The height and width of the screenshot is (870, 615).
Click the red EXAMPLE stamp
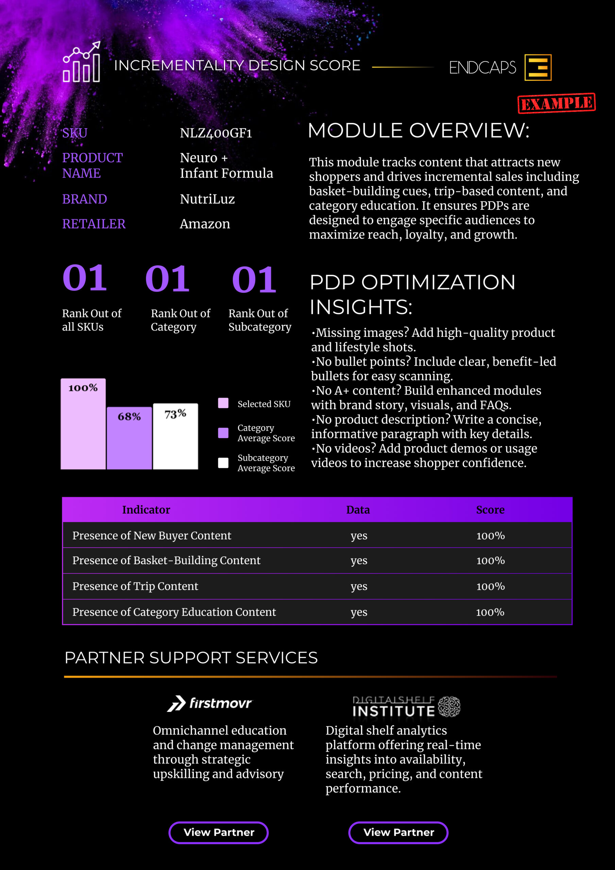556,103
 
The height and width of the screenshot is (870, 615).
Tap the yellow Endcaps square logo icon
537,67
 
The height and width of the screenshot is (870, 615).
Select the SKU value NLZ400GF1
216,133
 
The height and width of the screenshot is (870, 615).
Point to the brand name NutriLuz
207,199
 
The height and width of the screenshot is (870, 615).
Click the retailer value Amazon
205,224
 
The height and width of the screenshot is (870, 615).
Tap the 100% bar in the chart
83,424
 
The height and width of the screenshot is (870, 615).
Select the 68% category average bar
129,438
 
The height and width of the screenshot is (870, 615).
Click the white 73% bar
175,436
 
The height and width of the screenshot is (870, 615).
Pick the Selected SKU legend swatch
223,403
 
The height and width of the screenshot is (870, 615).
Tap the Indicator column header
146,510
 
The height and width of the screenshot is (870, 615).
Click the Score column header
490,510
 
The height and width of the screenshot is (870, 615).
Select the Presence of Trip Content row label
135,586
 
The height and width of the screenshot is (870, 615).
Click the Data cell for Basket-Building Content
359,560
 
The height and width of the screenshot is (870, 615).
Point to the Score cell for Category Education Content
490,612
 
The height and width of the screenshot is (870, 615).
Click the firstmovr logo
210,704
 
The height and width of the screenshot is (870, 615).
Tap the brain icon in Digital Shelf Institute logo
449,707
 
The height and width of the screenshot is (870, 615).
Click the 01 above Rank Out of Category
167,279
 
